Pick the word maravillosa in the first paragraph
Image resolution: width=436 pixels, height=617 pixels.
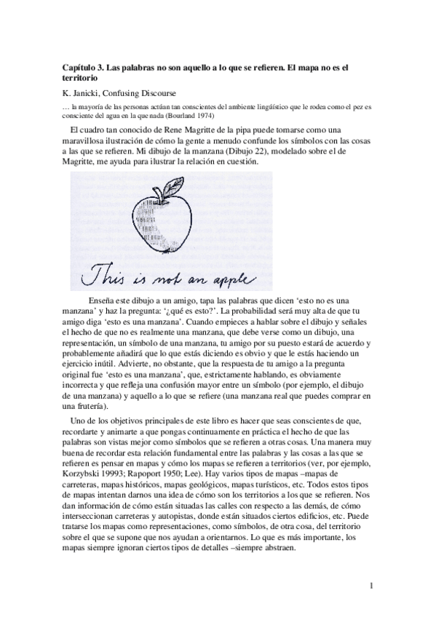[86, 141]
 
